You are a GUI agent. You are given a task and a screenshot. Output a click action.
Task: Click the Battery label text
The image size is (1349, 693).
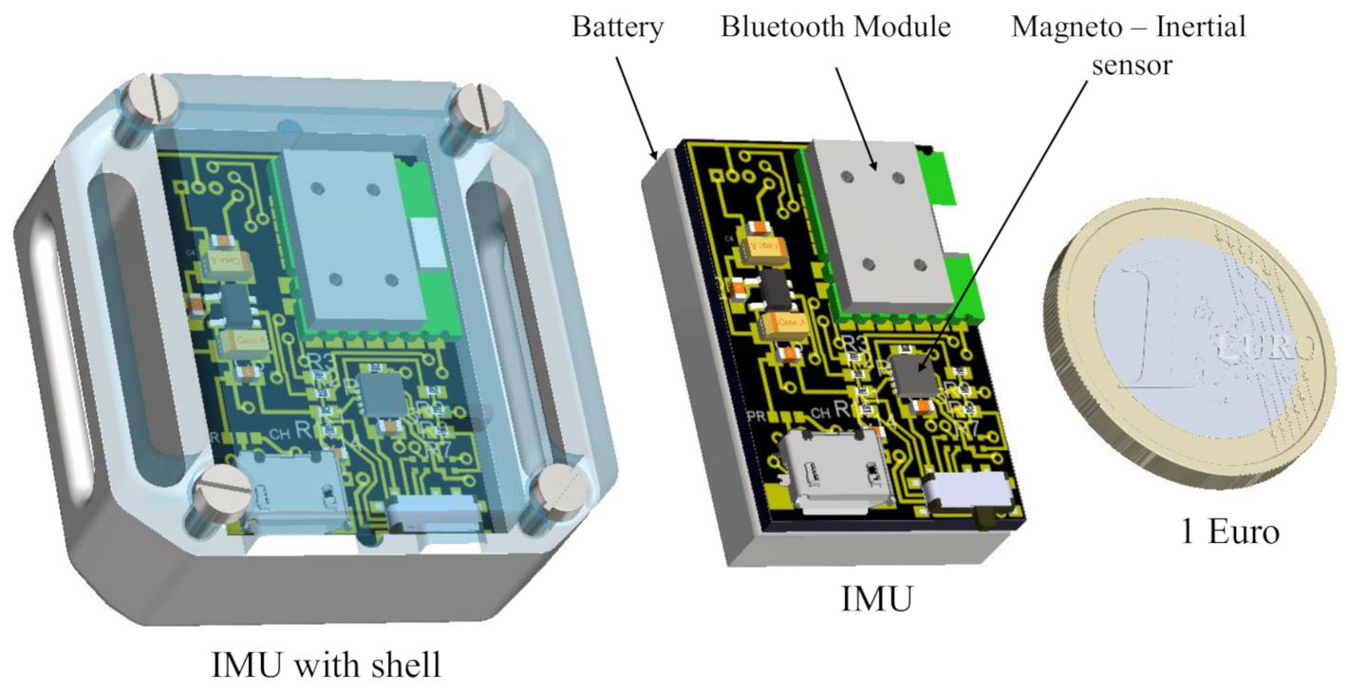[x=617, y=27]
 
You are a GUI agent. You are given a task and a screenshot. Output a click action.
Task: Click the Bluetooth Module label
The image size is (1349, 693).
[x=835, y=27]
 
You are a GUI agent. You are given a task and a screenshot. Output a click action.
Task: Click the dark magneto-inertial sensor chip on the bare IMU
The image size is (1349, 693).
[x=913, y=373]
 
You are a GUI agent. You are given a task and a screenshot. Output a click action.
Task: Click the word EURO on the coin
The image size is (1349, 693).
[x=1263, y=348]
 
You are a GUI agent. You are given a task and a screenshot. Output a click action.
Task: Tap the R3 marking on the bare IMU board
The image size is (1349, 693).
[x=853, y=344]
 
